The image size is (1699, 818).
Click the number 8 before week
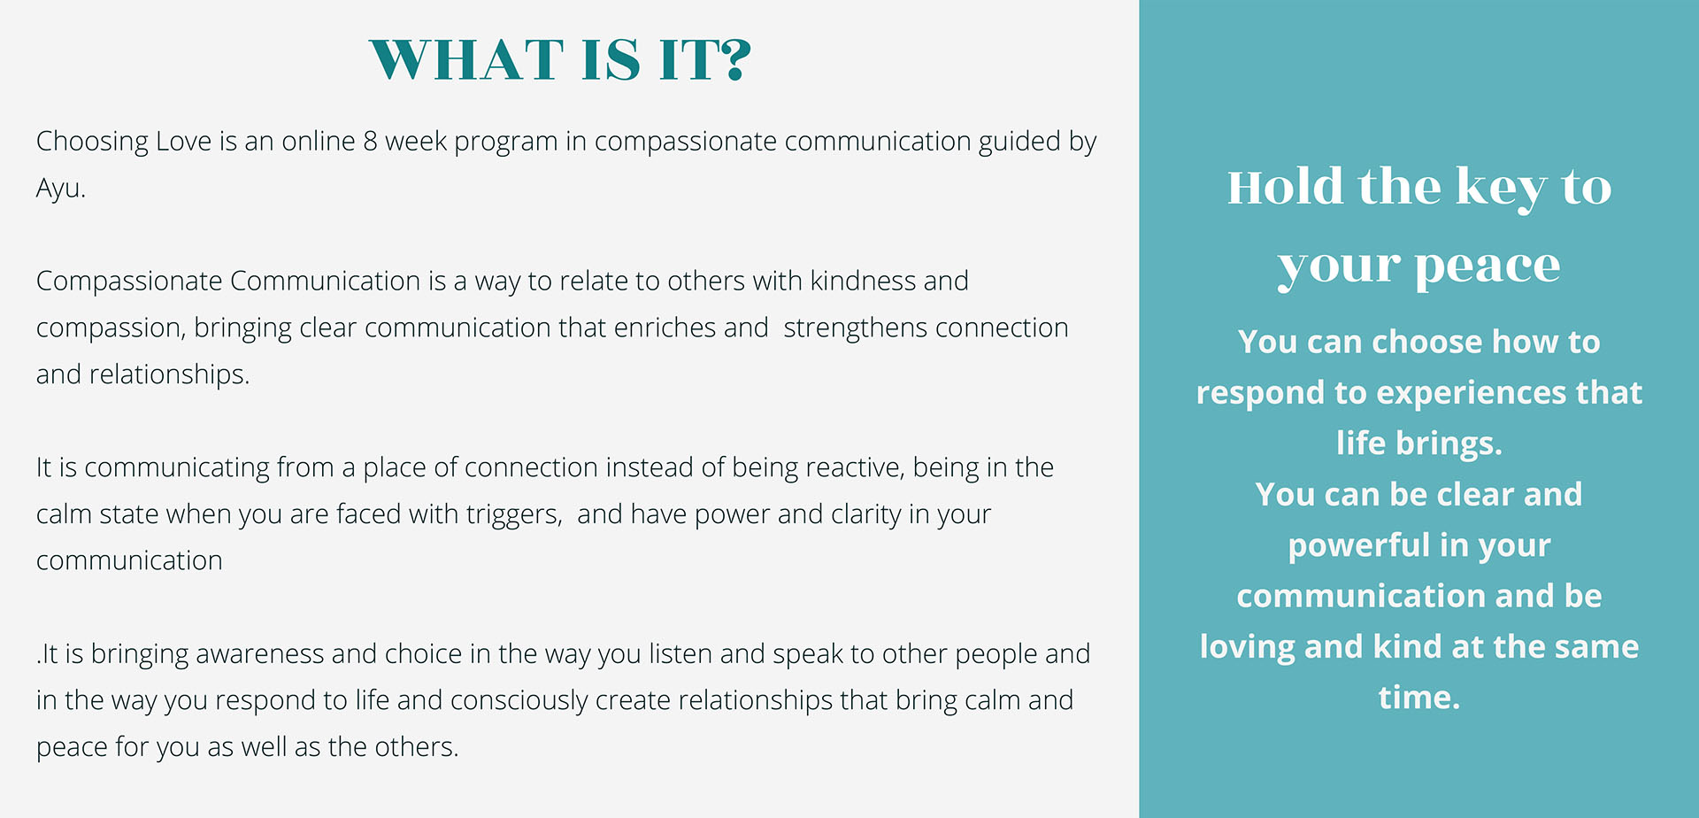tap(370, 142)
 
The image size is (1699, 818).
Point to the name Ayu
tap(60, 189)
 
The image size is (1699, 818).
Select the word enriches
tap(665, 328)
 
